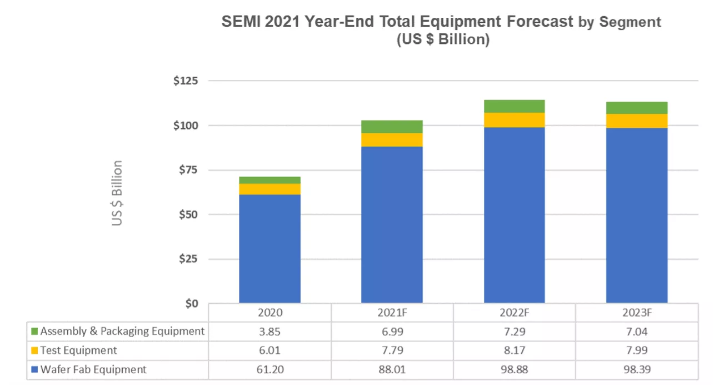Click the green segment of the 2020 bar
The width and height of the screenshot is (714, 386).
[269, 181]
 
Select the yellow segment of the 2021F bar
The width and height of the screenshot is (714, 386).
[392, 140]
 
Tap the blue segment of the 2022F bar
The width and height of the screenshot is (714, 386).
[514, 215]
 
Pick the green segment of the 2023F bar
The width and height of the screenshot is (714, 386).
[637, 108]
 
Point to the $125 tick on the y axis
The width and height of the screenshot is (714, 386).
[186, 81]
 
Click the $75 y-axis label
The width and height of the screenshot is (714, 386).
[188, 170]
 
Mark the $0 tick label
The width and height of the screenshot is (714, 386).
[192, 303]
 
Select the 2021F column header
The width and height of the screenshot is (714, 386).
[392, 313]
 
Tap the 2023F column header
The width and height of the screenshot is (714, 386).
[637, 313]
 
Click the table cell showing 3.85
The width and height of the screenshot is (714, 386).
[269, 332]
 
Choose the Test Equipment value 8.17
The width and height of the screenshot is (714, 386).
[515, 350]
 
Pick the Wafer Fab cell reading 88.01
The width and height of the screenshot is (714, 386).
[392, 369]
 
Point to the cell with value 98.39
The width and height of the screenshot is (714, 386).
[637, 369]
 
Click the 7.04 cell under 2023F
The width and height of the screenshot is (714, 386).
[637, 332]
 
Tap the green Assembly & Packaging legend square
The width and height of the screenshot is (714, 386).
[34, 331]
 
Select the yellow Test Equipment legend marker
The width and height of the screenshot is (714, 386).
[34, 350]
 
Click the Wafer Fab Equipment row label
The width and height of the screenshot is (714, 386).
[93, 369]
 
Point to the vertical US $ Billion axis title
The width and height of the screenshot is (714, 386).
[117, 193]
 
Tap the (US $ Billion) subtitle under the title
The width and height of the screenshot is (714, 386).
[443, 39]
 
